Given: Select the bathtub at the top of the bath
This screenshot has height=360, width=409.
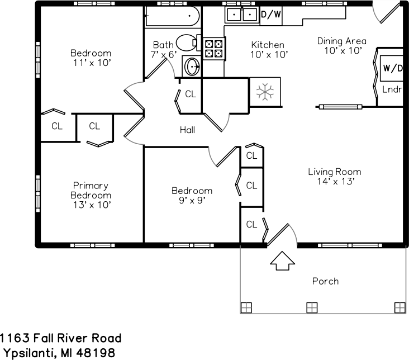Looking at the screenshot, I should tap(172, 16).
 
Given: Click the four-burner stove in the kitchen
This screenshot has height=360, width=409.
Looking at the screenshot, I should tap(213, 48).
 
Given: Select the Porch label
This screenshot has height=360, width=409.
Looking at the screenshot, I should tap(325, 281).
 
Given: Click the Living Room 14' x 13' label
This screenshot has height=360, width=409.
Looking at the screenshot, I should tap(334, 177).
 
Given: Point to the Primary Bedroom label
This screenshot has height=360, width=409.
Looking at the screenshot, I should tap(91, 195).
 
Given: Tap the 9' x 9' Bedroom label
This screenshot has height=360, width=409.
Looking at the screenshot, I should tap(192, 196).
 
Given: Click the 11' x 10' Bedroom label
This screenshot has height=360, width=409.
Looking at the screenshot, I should tap(91, 58).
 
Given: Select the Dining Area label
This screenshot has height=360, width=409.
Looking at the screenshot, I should tap(341, 45).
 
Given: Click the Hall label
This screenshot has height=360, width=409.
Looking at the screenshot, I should tap(187, 130).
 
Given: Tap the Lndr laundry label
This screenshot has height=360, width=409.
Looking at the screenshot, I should tap(392, 89).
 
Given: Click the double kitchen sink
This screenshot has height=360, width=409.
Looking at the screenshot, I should tap(241, 13).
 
